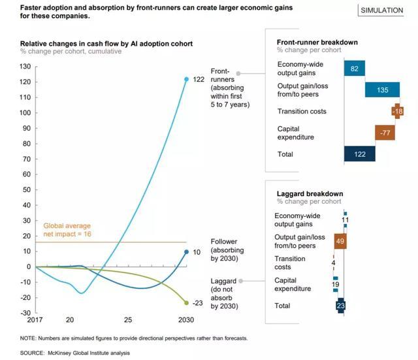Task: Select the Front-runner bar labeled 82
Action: (x=354, y=69)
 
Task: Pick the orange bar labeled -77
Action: (x=385, y=133)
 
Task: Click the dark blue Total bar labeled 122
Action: (x=359, y=154)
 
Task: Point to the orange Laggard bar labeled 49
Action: (x=340, y=241)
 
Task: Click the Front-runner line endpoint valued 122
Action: (x=186, y=79)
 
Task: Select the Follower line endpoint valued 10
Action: (x=186, y=252)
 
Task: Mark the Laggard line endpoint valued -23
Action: (x=186, y=303)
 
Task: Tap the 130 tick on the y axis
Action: (x=26, y=67)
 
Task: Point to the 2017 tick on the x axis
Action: (x=35, y=321)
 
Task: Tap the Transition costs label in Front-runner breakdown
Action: (x=302, y=111)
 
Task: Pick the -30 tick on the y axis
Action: (x=25, y=313)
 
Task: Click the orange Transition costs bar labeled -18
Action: (x=396, y=111)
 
